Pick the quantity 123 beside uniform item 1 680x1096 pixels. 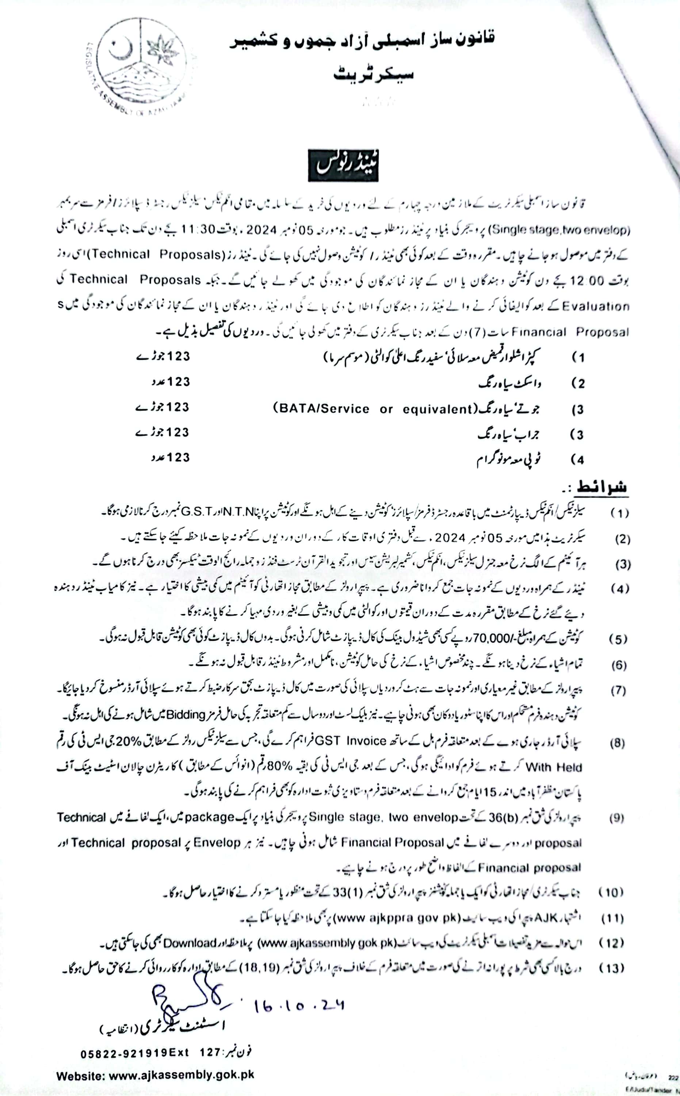179,356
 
